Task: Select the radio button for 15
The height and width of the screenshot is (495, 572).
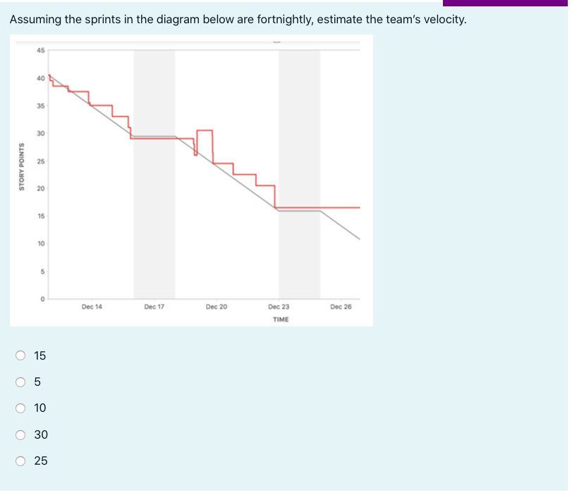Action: pos(21,355)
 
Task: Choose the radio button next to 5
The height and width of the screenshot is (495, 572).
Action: pos(21,381)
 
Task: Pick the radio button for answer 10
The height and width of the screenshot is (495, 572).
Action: pos(21,408)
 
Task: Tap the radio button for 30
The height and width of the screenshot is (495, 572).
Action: pos(21,434)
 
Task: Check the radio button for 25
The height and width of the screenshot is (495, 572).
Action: pos(21,460)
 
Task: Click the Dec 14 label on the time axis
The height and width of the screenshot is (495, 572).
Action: pos(92,307)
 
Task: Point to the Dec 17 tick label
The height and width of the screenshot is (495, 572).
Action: pos(154,307)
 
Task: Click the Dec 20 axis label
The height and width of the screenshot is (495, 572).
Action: pos(217,307)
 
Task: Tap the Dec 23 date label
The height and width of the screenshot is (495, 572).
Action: pos(279,307)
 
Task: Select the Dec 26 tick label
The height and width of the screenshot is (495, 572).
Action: pos(341,307)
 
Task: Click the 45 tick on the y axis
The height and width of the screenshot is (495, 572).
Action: pos(40,50)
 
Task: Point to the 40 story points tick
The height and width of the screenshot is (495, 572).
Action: pos(40,78)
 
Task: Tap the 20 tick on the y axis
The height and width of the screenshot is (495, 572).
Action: pos(40,188)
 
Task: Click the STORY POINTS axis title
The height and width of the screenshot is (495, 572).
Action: pos(22,167)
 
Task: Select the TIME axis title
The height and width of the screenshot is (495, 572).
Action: pos(280,319)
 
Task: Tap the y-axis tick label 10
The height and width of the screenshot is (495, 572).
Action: pos(40,243)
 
